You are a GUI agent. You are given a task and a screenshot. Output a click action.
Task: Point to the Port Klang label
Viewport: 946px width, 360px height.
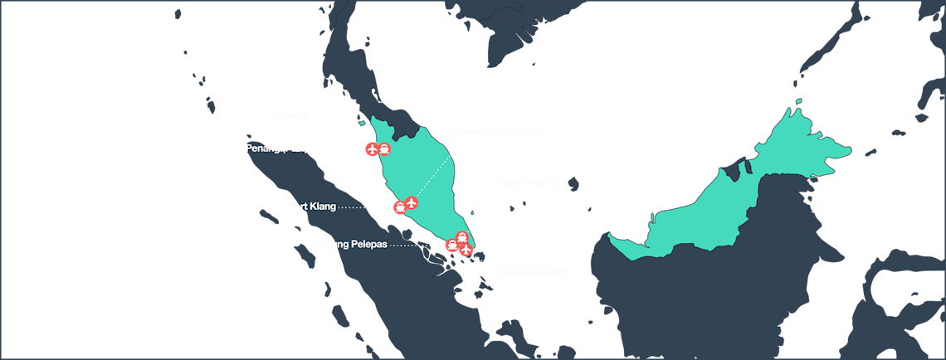pos(311,207)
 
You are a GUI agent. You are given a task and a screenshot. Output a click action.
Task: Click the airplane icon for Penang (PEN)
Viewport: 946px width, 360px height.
pos(373,149)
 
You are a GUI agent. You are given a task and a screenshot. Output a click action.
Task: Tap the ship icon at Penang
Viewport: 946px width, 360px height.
pos(385,149)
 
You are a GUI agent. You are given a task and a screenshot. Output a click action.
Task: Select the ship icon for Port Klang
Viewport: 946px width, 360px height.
pos(399,207)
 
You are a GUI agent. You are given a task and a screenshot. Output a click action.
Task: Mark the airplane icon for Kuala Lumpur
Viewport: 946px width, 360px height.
pos(412,202)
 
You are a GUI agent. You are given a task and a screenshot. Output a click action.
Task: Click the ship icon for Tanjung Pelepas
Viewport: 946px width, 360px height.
pos(451,245)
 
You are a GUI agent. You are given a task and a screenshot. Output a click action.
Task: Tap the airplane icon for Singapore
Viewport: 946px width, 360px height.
pos(466,249)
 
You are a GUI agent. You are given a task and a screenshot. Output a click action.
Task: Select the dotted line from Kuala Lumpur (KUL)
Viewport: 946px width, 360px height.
pos(436,167)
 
